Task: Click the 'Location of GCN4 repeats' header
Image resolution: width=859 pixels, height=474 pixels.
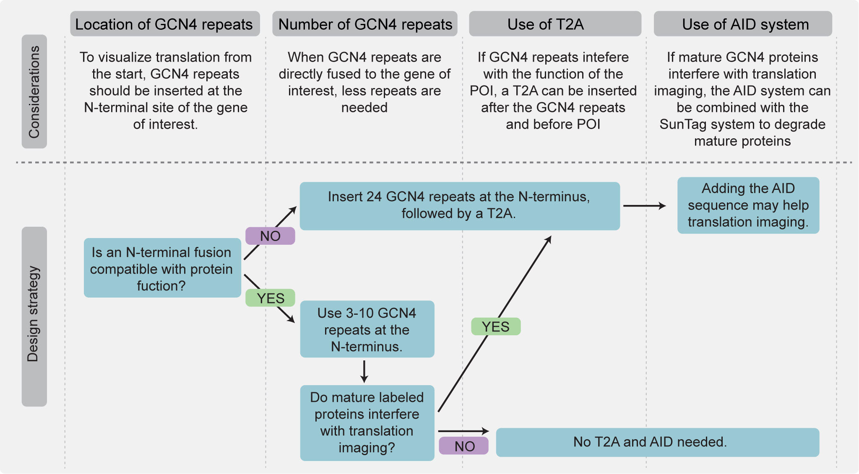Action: coord(164,24)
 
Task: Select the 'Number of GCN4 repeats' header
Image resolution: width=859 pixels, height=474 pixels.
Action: coord(365,24)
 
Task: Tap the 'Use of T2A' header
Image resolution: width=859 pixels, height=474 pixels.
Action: coord(554,24)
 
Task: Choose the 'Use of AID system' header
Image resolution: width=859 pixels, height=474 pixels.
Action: coord(743,24)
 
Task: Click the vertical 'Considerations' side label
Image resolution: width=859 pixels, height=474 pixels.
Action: coord(34,91)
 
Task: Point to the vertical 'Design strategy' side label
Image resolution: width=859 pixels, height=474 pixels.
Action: coord(34,316)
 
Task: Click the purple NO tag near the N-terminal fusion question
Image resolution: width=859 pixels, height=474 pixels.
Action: coord(270,236)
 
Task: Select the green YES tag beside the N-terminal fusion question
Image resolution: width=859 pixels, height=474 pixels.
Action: coord(270,298)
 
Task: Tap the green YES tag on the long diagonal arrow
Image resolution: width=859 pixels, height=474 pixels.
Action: coord(496,326)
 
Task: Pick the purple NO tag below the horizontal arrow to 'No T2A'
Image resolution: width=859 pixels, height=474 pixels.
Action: coord(464,446)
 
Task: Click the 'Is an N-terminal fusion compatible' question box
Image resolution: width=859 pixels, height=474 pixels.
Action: coord(162,268)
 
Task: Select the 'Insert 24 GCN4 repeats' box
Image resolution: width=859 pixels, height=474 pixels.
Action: coord(459,206)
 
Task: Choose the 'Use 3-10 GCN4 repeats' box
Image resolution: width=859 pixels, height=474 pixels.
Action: coord(367,329)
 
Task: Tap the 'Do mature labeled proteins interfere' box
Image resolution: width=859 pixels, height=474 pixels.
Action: coord(367,422)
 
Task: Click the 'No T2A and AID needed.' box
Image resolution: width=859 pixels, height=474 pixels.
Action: coord(657,442)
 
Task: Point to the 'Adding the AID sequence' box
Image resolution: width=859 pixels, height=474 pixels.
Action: coord(748,205)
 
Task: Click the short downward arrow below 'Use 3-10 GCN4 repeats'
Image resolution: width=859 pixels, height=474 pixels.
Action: coord(364,371)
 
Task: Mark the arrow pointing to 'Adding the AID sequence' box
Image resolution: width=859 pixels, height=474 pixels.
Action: coord(644,206)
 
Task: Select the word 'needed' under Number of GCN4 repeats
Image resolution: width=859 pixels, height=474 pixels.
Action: coord(364,108)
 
